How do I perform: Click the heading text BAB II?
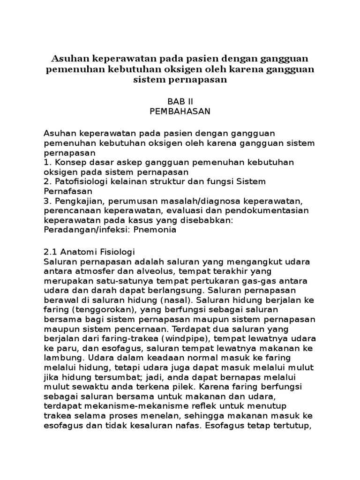pyautogui.click(x=180, y=101)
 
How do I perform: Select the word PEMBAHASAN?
pyautogui.click(x=180, y=111)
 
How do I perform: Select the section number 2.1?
pyautogui.click(x=51, y=251)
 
